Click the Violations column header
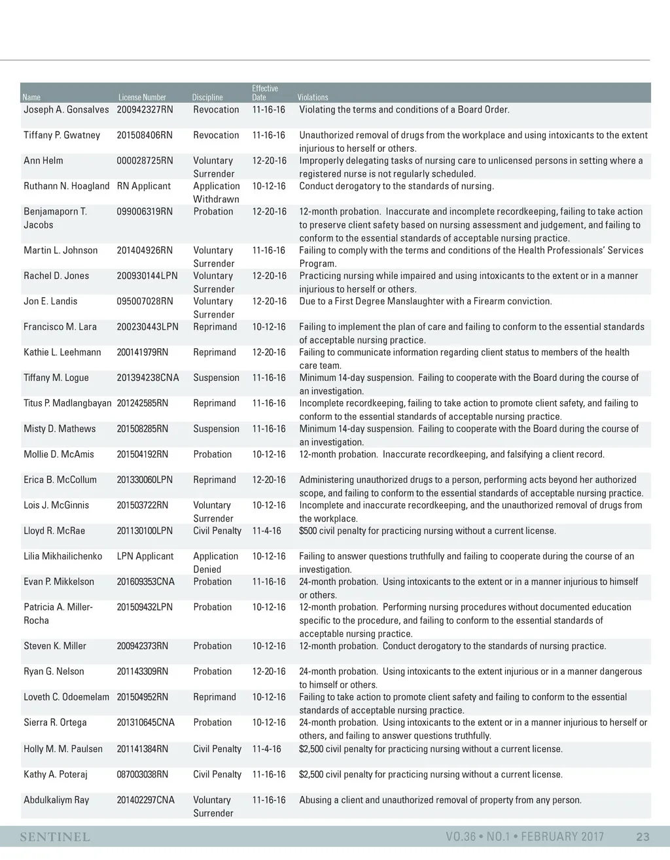pos(313,98)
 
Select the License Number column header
pos(142,98)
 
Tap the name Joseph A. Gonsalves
pos(66,110)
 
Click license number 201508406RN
pos(145,135)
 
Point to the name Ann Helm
pos(43,161)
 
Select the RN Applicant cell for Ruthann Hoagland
pos(144,187)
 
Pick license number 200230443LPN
pos(147,327)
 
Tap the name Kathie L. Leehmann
pos(62,353)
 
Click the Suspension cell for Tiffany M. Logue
pos(216,378)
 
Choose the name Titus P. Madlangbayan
pos(67,404)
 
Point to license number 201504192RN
pos(142,455)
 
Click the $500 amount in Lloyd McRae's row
pos(309,531)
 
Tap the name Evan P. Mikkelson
pos(59,582)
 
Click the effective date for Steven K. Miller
pos(269,647)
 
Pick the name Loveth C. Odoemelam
pos(66,698)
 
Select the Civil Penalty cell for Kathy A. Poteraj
pos(217,775)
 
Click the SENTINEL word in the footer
pos(55,837)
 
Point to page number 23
pos(643,837)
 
